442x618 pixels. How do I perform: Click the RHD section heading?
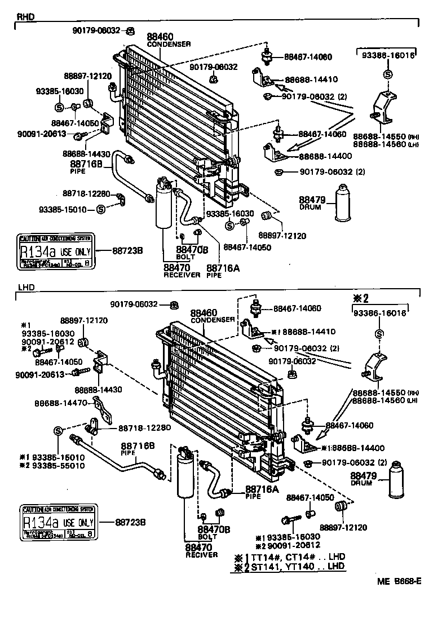point(26,17)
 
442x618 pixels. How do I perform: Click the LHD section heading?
point(26,288)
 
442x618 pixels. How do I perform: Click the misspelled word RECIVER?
point(201,555)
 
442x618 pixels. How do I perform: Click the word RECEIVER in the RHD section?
point(182,275)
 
